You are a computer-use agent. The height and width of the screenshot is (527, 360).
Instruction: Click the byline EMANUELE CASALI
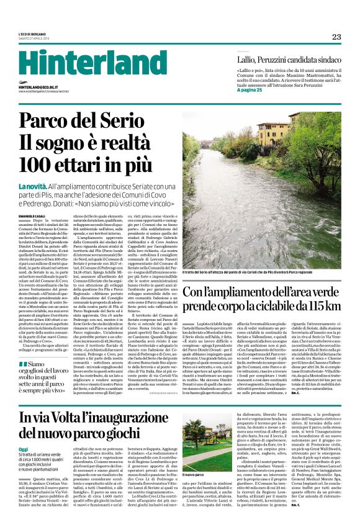[x=30, y=215]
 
